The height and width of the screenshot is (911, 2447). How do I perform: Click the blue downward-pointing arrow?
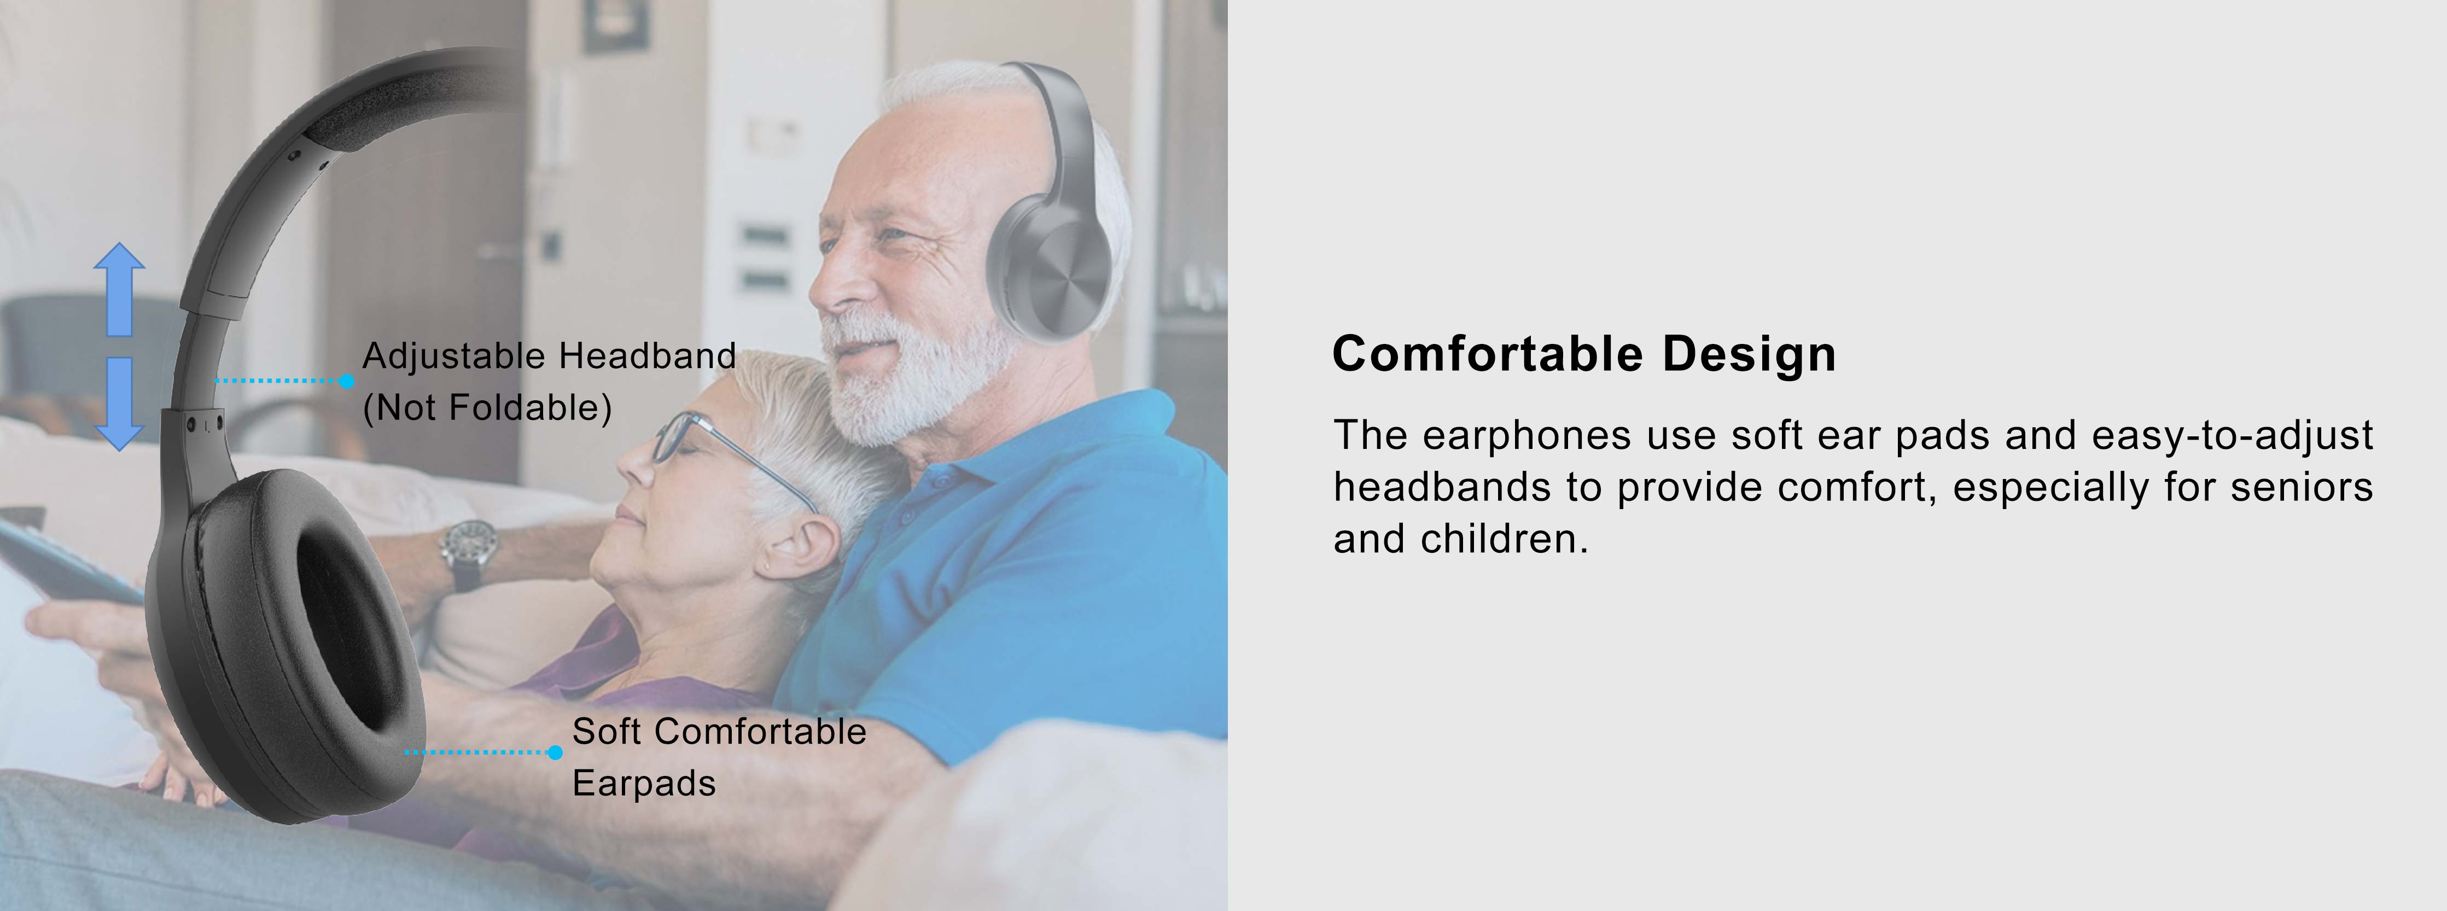click(x=119, y=403)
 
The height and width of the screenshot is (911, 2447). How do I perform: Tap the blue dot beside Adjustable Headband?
click(x=347, y=381)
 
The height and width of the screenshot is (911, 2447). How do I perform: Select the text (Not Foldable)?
click(x=487, y=407)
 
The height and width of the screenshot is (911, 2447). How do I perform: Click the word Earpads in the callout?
click(x=644, y=784)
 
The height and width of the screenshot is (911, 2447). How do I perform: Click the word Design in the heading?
click(x=1749, y=354)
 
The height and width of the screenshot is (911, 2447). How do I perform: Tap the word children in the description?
click(x=1504, y=539)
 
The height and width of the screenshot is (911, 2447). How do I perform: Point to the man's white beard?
click(x=912, y=380)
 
